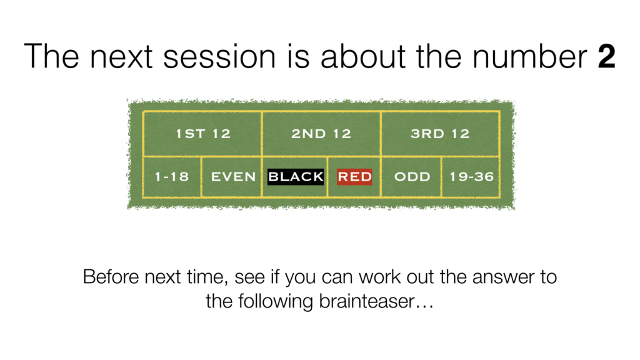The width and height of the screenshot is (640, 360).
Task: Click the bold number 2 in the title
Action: [x=606, y=56]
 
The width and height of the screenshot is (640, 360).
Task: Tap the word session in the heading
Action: [x=219, y=56]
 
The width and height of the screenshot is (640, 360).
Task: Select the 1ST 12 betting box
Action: [x=202, y=134]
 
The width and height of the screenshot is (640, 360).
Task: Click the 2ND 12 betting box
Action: [x=321, y=134]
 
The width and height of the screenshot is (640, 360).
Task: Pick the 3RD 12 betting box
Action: [x=440, y=134]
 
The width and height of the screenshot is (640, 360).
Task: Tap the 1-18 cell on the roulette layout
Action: [x=172, y=177]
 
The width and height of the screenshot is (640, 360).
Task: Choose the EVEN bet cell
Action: [x=232, y=177]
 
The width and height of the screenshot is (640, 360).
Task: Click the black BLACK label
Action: [x=296, y=177]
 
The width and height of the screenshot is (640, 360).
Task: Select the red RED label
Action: [x=354, y=177]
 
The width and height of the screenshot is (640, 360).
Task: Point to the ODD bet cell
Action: [x=411, y=177]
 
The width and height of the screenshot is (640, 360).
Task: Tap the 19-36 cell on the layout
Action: [x=471, y=177]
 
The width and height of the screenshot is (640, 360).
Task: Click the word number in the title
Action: [x=529, y=56]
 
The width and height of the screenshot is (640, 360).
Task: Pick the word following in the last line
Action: [x=276, y=302]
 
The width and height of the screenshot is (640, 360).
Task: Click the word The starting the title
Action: [x=51, y=56]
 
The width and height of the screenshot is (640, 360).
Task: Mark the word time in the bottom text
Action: [x=206, y=277]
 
